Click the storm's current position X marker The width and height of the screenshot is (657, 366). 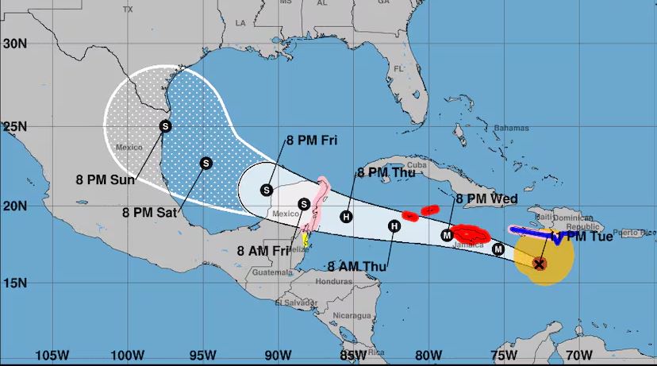540,264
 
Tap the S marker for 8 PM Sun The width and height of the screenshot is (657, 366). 165,125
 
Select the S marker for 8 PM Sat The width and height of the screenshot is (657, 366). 206,163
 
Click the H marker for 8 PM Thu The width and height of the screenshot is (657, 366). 346,217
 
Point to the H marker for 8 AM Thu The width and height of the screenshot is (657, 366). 394,226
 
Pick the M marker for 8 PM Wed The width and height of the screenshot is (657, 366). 447,234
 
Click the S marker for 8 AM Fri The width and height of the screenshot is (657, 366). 303,204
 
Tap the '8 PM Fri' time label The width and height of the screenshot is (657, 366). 312,141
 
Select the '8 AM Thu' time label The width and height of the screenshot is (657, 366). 356,267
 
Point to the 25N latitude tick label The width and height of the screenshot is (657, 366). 14,126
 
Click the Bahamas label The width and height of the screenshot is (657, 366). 510,128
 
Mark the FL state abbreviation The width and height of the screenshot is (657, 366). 399,69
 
